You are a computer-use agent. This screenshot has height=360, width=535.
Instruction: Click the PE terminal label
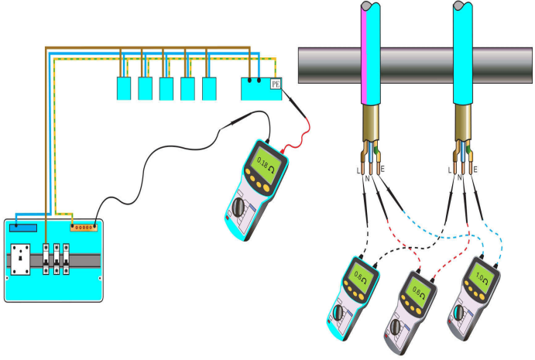[276, 84]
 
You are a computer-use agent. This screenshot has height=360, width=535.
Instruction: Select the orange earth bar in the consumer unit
[84, 228]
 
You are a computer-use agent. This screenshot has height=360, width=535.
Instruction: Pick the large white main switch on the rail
[22, 261]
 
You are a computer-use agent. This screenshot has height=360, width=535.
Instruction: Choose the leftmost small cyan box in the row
[123, 89]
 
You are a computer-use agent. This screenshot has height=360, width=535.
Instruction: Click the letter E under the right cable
[475, 169]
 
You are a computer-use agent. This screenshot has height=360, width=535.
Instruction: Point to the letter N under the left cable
[367, 178]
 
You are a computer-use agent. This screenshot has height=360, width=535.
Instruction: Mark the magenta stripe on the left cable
[362, 62]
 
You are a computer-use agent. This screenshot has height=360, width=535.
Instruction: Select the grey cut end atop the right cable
[462, 6]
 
